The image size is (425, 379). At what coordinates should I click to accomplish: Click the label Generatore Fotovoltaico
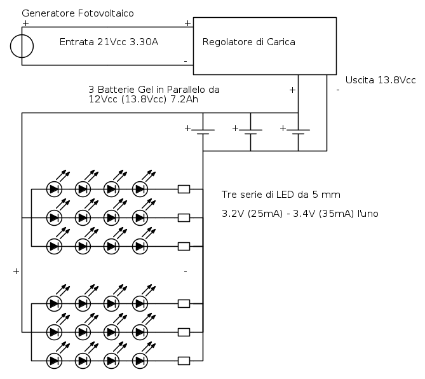[78, 13]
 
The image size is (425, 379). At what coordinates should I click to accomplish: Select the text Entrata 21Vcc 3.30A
[109, 43]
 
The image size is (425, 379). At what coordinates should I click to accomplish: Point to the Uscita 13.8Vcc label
[380, 80]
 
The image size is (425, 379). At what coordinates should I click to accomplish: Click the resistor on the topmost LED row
[184, 189]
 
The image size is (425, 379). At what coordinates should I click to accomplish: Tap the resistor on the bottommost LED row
[184, 361]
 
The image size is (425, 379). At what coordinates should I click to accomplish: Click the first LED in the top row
[55, 189]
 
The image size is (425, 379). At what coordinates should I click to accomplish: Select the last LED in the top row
[140, 189]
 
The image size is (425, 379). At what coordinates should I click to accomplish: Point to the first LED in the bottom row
[55, 361]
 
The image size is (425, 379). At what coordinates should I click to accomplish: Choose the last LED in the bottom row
[140, 361]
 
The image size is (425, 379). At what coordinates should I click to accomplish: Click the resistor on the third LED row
[184, 246]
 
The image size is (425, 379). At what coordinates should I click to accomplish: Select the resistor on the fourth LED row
[184, 303]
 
